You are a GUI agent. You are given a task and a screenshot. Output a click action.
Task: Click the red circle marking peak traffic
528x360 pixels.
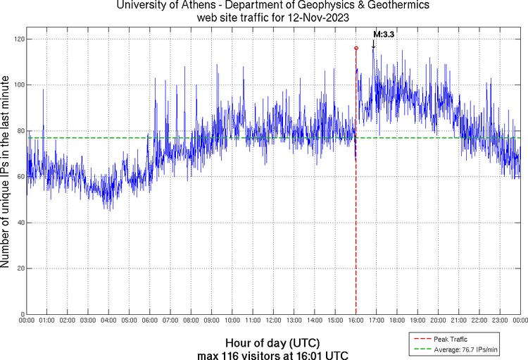pyautogui.click(x=356, y=48)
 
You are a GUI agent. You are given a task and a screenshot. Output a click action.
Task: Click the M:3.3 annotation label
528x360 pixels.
pyautogui.click(x=383, y=34)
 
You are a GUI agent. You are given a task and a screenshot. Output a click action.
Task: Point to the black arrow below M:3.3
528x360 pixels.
pyautogui.click(x=373, y=44)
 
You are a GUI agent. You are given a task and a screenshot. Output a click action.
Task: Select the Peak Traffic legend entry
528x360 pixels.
pyautogui.click(x=449, y=340)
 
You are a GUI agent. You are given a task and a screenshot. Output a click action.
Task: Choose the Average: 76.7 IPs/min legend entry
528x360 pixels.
pyautogui.click(x=464, y=349)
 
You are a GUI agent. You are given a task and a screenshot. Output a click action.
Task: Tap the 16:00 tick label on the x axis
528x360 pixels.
pyautogui.click(x=356, y=321)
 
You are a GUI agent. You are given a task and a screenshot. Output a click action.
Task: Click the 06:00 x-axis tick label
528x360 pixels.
pyautogui.click(x=150, y=321)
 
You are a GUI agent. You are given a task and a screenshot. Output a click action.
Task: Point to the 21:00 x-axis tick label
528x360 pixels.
pyautogui.click(x=459, y=321)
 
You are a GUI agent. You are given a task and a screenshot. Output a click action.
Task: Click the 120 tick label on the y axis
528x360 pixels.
pyautogui.click(x=17, y=39)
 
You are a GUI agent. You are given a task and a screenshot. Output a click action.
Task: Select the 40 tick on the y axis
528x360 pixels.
pyautogui.click(x=19, y=223)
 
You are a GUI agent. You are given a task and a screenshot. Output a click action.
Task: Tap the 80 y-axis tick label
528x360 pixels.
pyautogui.click(x=19, y=130)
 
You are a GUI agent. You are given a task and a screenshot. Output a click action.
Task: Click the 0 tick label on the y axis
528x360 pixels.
pyautogui.click(x=21, y=314)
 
